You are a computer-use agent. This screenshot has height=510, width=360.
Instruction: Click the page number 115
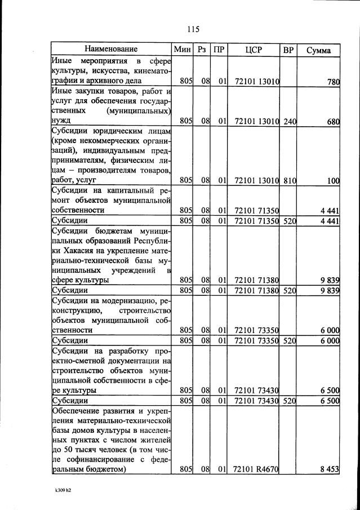click(193, 29)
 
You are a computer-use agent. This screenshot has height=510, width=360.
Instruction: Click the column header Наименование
click(111, 50)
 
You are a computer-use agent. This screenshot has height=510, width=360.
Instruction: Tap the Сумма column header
click(318, 50)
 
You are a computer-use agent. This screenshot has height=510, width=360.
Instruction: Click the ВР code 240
click(289, 121)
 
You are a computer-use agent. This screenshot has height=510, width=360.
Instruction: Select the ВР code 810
click(289, 180)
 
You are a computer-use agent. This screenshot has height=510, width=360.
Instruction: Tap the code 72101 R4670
click(256, 469)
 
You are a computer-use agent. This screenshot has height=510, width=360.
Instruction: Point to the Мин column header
click(183, 50)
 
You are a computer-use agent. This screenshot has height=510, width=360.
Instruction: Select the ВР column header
click(288, 50)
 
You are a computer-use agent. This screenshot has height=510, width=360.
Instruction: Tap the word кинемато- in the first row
click(150, 72)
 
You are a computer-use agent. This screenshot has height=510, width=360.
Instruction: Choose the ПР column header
click(219, 50)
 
